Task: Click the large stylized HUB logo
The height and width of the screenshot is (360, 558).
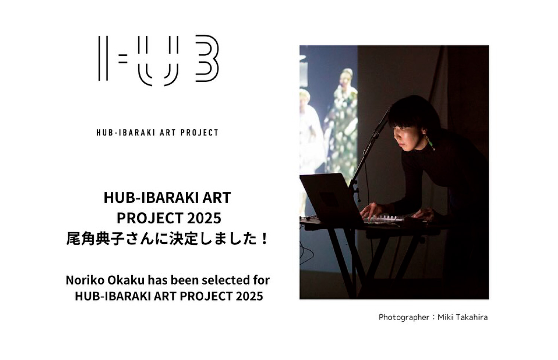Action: pyautogui.click(x=158, y=60)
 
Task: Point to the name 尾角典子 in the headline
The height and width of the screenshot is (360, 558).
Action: pyautogui.click(x=92, y=239)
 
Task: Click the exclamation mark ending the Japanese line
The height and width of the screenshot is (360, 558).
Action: pyautogui.click(x=265, y=239)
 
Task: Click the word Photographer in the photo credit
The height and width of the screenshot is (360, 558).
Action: pyautogui.click(x=404, y=317)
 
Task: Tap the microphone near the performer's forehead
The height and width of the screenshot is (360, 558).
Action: pyautogui.click(x=380, y=124)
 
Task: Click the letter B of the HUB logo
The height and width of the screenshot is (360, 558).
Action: pyautogui.click(x=207, y=58)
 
